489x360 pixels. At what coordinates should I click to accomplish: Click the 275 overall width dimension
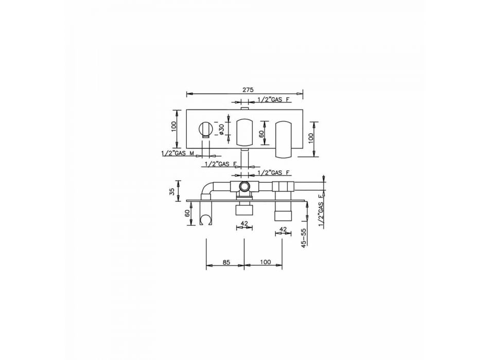tap(248, 90)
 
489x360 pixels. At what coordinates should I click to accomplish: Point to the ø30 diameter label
tap(221, 129)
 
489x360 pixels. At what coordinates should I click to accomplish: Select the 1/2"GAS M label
tap(178, 153)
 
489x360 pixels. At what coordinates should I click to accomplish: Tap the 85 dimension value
tap(226, 262)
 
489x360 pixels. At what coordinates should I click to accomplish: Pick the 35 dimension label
tap(172, 192)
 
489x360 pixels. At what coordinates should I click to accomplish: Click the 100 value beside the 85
tap(265, 262)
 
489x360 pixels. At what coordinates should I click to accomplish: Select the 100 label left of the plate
tap(174, 126)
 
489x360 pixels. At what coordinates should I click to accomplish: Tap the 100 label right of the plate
tap(310, 138)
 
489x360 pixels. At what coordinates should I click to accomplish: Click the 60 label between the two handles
tap(261, 134)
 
